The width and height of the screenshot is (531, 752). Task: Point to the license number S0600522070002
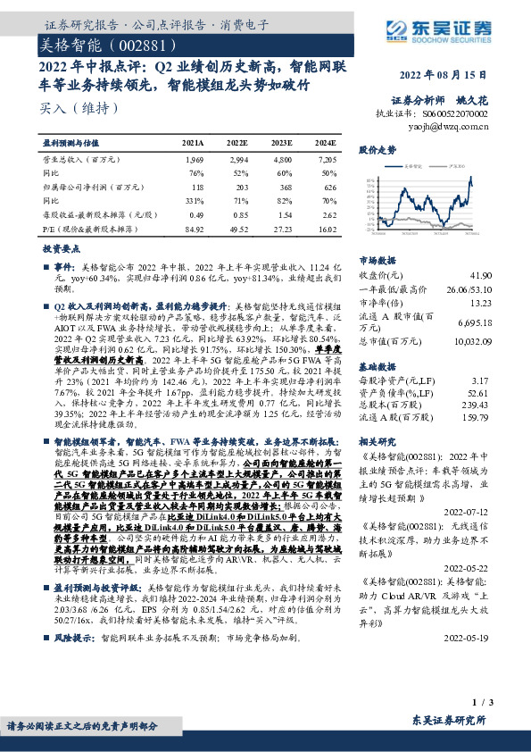click(x=456, y=115)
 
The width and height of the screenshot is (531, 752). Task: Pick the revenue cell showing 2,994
click(x=236, y=158)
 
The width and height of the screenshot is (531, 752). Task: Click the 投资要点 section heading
click(x=62, y=252)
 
